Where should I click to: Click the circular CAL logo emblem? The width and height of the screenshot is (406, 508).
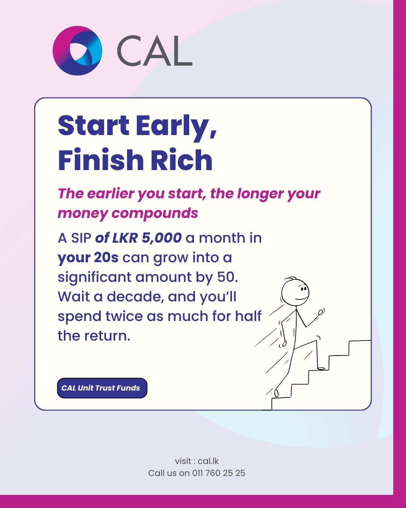(77, 50)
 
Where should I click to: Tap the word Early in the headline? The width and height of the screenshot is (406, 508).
(176, 127)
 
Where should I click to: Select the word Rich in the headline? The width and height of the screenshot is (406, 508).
(182, 159)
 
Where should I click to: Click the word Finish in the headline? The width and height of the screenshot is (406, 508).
(101, 159)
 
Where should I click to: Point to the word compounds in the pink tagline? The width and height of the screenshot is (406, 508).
(155, 214)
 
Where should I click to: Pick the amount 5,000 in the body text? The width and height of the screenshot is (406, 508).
(162, 238)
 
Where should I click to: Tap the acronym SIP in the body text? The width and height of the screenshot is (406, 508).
(81, 238)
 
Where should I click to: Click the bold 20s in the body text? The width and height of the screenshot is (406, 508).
(106, 257)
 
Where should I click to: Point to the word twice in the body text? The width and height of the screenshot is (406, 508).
(124, 316)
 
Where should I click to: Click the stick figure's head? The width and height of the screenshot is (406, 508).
(295, 292)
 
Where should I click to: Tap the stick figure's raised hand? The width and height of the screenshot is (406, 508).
(321, 312)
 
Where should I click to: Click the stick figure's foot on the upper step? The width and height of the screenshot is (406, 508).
(321, 368)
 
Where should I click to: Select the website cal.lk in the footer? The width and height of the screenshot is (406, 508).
(208, 461)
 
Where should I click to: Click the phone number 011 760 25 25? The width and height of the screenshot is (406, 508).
(219, 473)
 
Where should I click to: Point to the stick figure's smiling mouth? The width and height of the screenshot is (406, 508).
(301, 298)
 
